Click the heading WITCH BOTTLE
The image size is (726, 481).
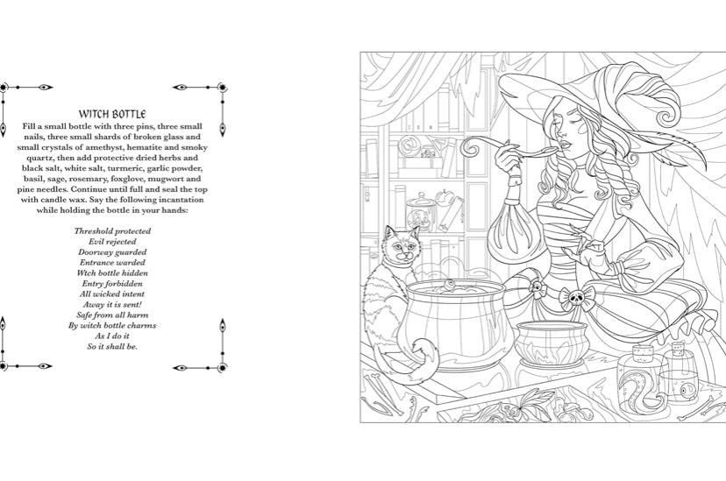point(111,114)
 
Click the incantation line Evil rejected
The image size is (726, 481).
point(111,241)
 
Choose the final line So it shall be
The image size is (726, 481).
point(111,346)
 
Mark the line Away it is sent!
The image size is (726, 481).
point(111,304)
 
